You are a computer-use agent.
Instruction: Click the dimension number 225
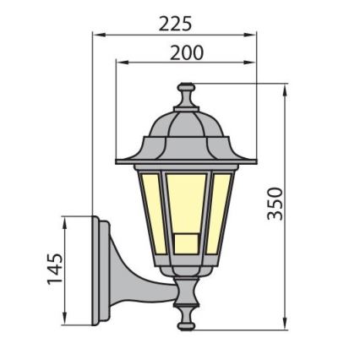176,23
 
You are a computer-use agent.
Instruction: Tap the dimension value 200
186,52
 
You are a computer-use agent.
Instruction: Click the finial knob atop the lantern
186,88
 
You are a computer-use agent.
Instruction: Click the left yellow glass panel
147,210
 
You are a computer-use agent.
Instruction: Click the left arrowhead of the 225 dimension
95,36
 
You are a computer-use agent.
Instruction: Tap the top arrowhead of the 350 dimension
285,88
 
